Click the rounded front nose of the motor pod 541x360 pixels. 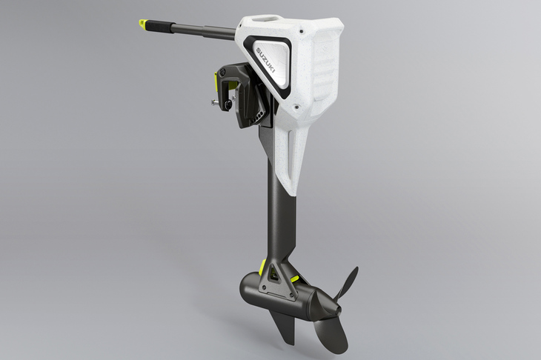pos(248,285)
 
